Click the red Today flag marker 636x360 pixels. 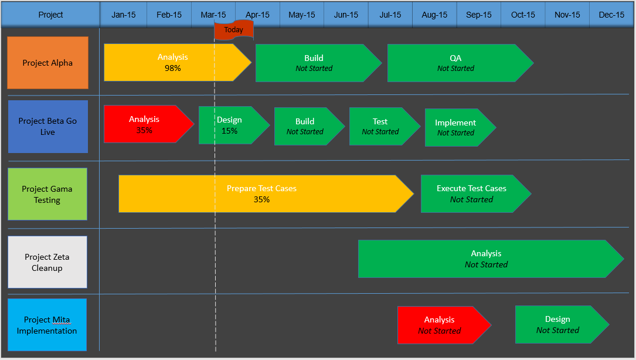click(233, 30)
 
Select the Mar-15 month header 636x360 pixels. click(213, 15)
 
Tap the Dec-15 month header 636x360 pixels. click(611, 15)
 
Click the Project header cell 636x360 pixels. click(50, 15)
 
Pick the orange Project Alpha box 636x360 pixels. click(47, 63)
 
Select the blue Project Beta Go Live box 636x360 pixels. click(47, 127)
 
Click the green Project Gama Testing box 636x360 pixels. click(47, 194)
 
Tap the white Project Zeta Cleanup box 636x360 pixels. click(47, 262)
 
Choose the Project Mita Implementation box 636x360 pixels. click(47, 325)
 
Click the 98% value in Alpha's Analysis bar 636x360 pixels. click(172, 68)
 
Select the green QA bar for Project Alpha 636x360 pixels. click(455, 63)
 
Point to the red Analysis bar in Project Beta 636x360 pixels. click(145, 124)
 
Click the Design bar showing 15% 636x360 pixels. click(230, 125)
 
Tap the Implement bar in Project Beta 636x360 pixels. click(456, 127)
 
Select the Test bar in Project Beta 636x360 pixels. click(380, 126)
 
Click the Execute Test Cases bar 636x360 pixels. click(471, 193)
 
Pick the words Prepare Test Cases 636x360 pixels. click(261, 188)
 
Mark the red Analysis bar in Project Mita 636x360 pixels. click(440, 325)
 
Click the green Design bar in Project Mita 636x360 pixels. click(557, 324)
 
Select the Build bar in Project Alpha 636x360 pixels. click(314, 63)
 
